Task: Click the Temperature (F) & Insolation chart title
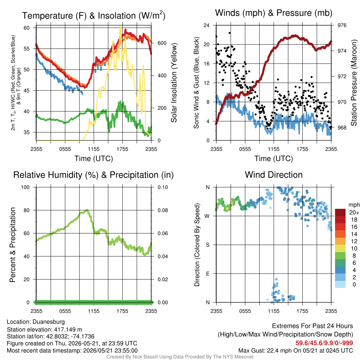(x=94, y=15)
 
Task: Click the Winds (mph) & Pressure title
(x=274, y=13)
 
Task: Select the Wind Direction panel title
(x=274, y=175)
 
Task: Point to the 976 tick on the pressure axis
(x=342, y=25)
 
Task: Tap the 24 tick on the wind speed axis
(x=206, y=25)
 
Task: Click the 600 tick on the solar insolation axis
(x=162, y=43)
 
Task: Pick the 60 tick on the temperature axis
(x=27, y=28)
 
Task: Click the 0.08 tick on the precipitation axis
(x=163, y=210)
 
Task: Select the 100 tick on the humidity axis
(x=25, y=187)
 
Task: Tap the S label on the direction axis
(x=207, y=245)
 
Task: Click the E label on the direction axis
(x=207, y=274)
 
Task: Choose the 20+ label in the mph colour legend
(x=354, y=212)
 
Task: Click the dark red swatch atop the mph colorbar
(x=340, y=212)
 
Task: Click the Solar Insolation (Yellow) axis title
(x=174, y=83)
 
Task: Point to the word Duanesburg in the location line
(x=49, y=322)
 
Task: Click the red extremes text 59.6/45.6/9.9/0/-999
(x=324, y=343)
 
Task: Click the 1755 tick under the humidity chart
(x=122, y=311)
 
